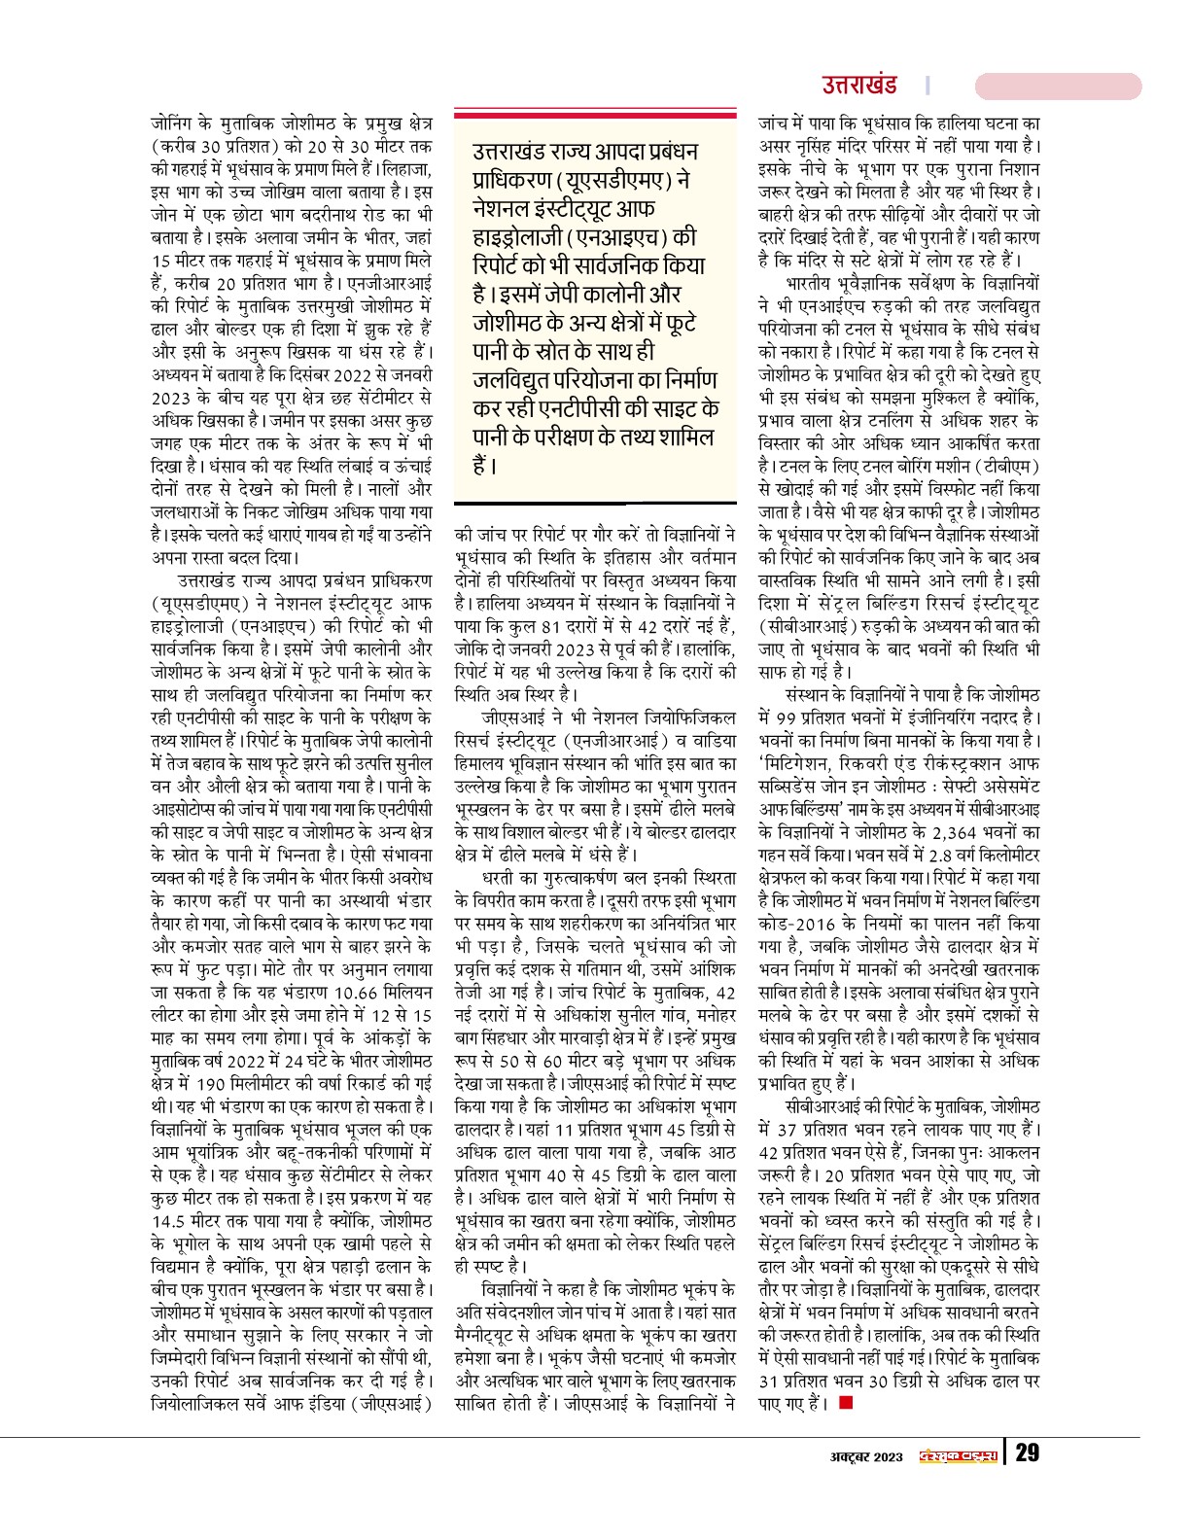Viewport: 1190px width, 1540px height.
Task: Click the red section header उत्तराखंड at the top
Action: [858, 85]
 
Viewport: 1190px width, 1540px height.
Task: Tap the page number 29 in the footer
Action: [1027, 1453]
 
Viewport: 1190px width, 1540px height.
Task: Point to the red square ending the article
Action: [846, 1402]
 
